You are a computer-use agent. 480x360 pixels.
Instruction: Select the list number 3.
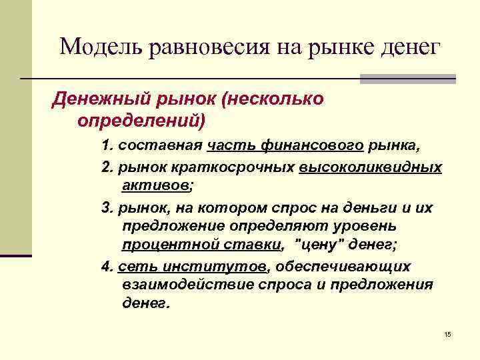(106, 208)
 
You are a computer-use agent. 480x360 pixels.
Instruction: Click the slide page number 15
(447, 333)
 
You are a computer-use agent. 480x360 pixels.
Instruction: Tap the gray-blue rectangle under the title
(407, 79)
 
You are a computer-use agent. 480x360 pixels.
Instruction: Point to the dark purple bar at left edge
(16, 255)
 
